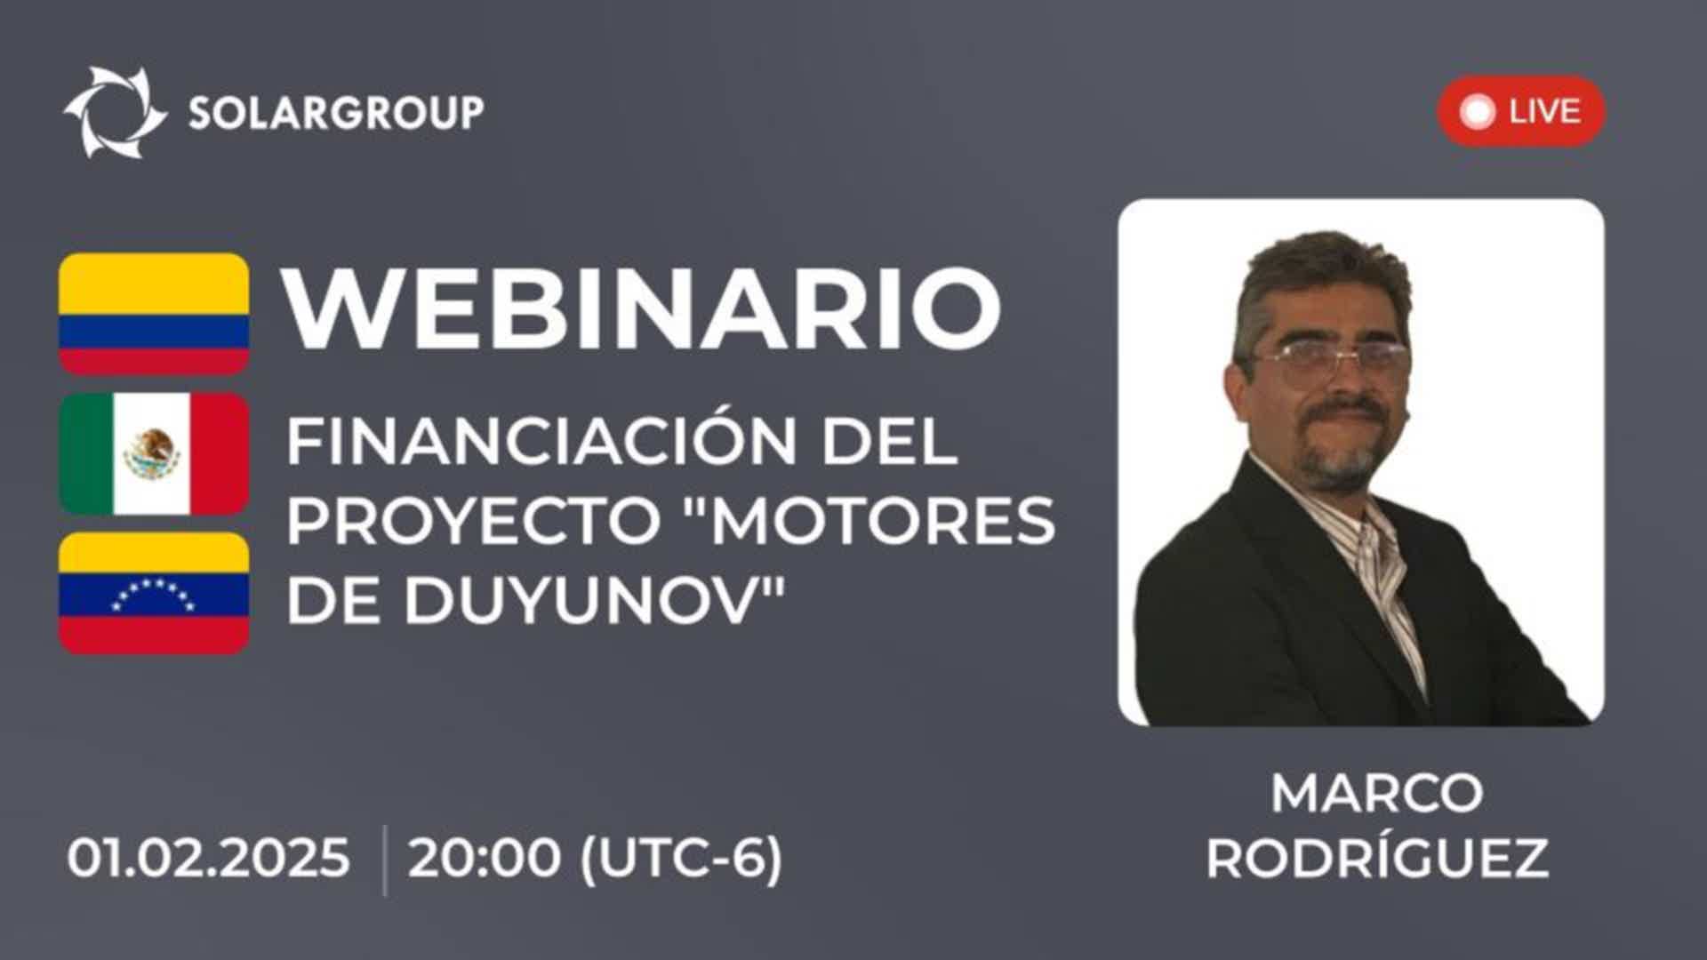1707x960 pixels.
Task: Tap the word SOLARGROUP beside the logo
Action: click(x=336, y=113)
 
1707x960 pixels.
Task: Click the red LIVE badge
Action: click(x=1520, y=111)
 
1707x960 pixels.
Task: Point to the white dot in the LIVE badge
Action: click(x=1479, y=112)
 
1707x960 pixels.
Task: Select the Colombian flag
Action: click(x=154, y=314)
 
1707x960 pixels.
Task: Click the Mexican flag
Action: click(x=154, y=453)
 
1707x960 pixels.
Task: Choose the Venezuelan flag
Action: click(x=154, y=594)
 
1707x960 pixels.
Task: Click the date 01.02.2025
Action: click(x=209, y=859)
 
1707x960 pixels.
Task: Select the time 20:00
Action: click(x=485, y=859)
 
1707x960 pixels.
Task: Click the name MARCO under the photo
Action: click(x=1376, y=793)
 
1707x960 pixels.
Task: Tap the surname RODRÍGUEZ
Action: click(x=1376, y=859)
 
